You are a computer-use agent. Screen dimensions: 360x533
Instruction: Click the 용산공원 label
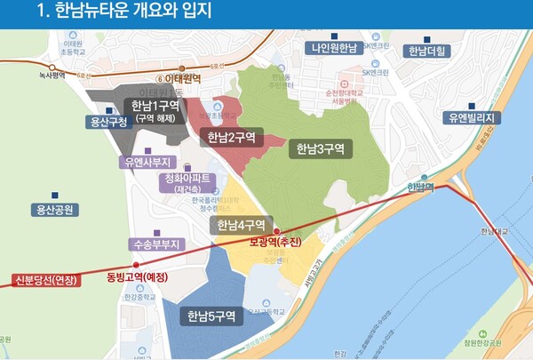[x=54, y=210]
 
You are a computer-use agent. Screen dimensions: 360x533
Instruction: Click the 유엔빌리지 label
[x=475, y=117]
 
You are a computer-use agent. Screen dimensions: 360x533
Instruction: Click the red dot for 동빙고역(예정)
[x=136, y=265]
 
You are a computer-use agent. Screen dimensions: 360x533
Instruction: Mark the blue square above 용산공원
[x=55, y=195]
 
